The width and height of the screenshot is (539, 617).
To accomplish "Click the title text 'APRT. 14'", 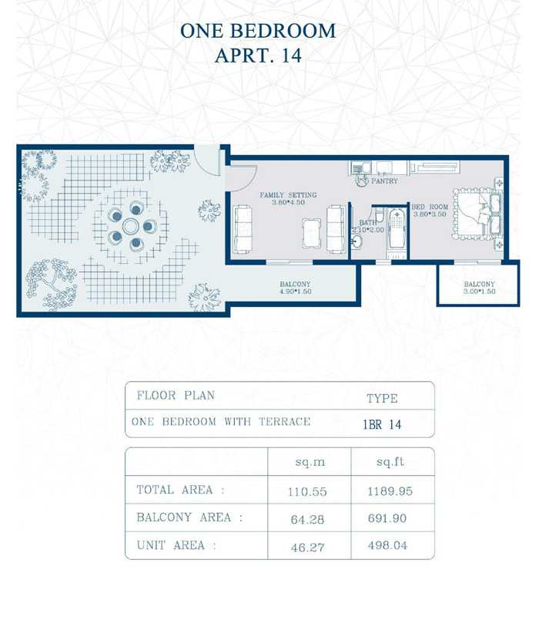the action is pos(258,55).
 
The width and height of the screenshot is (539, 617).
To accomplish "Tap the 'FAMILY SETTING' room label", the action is pos(288,195).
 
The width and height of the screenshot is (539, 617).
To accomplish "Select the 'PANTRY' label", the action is pos(384,181).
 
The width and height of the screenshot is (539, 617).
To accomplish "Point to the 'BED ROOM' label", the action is pos(430,207).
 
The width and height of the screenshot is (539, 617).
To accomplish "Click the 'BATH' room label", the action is pos(367,223).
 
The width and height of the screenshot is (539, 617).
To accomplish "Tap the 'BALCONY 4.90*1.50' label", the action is pos(295,288).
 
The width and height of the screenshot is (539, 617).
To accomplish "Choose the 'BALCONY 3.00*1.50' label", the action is pos(479,288).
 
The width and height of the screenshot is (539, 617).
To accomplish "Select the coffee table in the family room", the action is pos(312,234).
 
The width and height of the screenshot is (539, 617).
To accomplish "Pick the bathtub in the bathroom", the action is pos(397,229).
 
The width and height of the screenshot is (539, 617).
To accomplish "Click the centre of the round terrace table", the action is pos(130,226).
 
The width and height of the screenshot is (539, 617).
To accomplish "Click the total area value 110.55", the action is pos(307,491).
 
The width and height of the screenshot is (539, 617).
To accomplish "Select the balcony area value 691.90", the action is pos(387,518).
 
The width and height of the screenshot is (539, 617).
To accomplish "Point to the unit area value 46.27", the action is pos(307,548).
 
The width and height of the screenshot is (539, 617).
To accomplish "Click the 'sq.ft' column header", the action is pos(390,461).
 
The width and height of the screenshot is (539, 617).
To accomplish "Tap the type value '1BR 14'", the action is pos(382,425).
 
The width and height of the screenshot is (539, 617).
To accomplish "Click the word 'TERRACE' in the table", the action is pos(284,422).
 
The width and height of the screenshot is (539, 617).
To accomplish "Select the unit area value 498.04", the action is pos(387,545).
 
